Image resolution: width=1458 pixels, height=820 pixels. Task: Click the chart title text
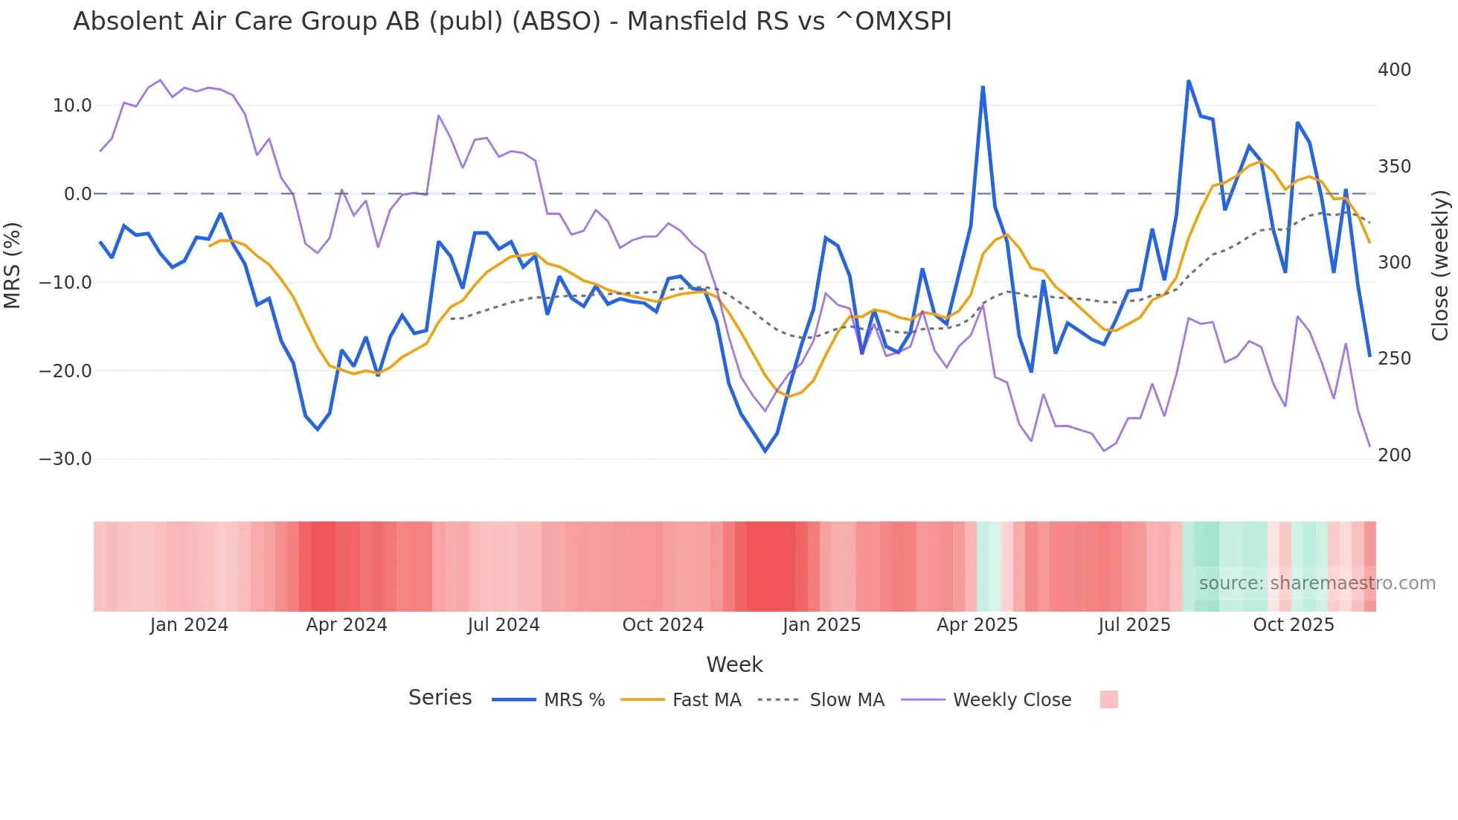click(512, 22)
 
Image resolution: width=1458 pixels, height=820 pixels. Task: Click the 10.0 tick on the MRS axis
click(71, 106)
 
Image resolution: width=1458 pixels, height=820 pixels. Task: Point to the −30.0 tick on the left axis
click(65, 459)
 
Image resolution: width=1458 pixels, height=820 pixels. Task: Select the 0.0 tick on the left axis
click(77, 194)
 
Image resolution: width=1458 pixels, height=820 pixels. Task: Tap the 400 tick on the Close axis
click(1394, 70)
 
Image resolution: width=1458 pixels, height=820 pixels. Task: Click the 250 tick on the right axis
click(1394, 359)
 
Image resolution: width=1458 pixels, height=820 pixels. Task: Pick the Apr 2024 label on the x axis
click(346, 625)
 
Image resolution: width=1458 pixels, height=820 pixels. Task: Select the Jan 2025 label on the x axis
click(821, 625)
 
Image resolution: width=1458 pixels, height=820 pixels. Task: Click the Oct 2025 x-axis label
click(1294, 625)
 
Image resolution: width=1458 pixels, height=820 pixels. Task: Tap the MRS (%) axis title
click(13, 265)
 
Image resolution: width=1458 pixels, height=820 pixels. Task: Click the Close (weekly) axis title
click(1440, 265)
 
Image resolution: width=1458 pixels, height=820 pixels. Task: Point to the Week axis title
click(734, 664)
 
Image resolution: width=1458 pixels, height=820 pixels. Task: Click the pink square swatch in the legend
click(1108, 699)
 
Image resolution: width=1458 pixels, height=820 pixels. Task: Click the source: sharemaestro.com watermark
click(1317, 583)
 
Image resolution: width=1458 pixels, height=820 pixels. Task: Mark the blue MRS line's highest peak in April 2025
click(983, 87)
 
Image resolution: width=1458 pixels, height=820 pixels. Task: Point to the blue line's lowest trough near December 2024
click(765, 451)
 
